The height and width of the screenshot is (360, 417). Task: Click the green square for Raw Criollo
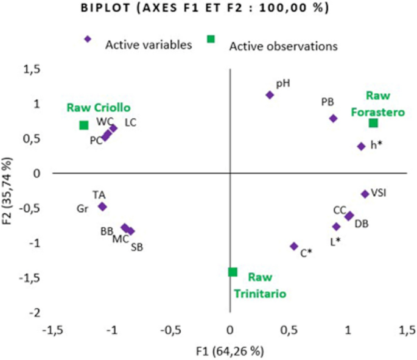pyautogui.click(x=84, y=125)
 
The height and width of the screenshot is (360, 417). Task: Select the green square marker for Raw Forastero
pyautogui.click(x=373, y=123)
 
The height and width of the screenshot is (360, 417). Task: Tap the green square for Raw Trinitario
pyautogui.click(x=233, y=272)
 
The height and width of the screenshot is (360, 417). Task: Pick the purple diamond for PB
pyautogui.click(x=333, y=118)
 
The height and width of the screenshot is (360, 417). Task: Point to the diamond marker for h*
pyautogui.click(x=361, y=146)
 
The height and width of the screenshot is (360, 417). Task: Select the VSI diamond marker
pyautogui.click(x=365, y=194)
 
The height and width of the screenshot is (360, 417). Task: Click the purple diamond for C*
pyautogui.click(x=294, y=246)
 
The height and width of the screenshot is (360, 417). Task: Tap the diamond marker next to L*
pyautogui.click(x=336, y=227)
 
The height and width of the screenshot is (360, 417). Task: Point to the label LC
pyautogui.click(x=130, y=122)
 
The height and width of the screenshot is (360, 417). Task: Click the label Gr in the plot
pyautogui.click(x=83, y=208)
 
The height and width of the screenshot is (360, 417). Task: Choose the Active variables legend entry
pyautogui.click(x=149, y=44)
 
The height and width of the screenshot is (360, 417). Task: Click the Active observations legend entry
pyautogui.click(x=283, y=45)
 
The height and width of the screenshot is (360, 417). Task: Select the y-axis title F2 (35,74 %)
pyautogui.click(x=9, y=191)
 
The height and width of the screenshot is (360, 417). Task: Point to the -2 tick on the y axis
pyautogui.click(x=35, y=312)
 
